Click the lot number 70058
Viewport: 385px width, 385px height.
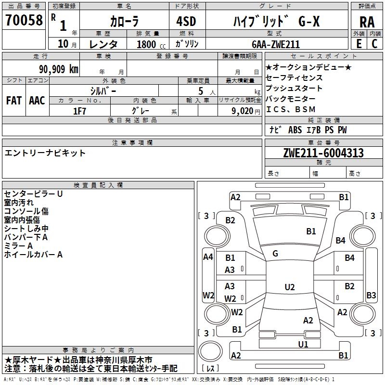24,20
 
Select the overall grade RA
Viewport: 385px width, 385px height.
367,22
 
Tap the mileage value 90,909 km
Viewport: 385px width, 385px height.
59,69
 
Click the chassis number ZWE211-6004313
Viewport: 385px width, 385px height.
323,153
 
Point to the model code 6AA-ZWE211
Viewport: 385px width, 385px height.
276,44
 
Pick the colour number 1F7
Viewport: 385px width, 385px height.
79,111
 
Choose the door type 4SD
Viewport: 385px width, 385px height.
186,21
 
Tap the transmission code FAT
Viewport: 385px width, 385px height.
14,101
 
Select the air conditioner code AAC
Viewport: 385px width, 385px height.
37,101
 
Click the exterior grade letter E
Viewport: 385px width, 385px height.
359,44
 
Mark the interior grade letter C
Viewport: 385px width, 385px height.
374,44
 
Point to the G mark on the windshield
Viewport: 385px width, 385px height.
275,254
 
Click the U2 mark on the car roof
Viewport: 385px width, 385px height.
290,287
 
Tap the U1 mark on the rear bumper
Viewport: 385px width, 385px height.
303,345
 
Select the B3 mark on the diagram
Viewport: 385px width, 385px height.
371,295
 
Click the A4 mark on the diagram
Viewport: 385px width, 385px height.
208,257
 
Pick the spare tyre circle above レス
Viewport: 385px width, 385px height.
210,351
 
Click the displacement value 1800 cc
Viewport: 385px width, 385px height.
151,44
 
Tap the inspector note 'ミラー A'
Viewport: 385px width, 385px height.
18,246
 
